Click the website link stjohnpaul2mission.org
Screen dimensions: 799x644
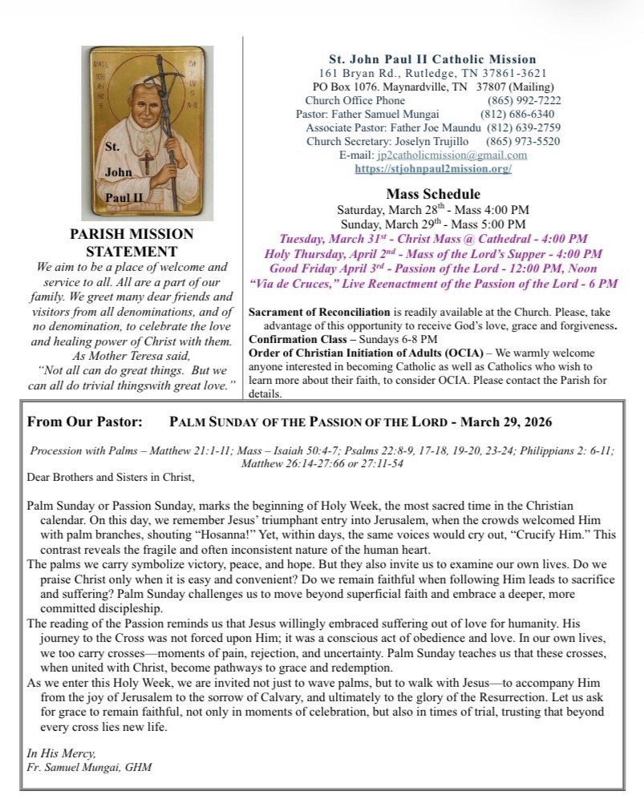433,169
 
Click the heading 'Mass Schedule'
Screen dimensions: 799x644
433,194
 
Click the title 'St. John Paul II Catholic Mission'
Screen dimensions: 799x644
433,59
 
